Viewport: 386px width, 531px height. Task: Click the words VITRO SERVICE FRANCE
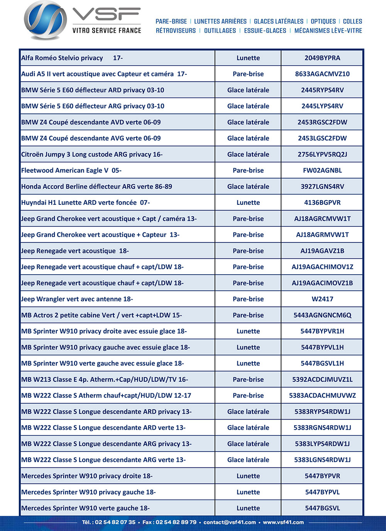pyautogui.click(x=107, y=30)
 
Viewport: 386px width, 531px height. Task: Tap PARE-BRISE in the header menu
pyautogui.click(x=171, y=22)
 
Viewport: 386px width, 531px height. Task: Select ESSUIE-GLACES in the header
pyautogui.click(x=265, y=31)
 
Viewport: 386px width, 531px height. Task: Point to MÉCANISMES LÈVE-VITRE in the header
pyautogui.click(x=328, y=31)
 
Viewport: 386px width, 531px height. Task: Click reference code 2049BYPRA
pyautogui.click(x=322, y=58)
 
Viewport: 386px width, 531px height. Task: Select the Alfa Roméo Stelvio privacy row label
pyautogui.click(x=72, y=58)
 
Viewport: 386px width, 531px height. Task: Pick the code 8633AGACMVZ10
pyautogui.click(x=322, y=74)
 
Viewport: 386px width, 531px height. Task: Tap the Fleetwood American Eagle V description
pyautogui.click(x=71, y=170)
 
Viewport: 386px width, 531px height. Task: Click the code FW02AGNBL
pyautogui.click(x=322, y=170)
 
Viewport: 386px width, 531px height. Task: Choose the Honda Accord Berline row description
pyautogui.click(x=96, y=187)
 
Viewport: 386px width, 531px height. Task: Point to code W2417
pyautogui.click(x=322, y=299)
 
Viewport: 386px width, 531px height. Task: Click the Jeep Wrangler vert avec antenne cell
pyautogui.click(x=77, y=299)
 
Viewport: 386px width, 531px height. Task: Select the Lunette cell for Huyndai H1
pyautogui.click(x=248, y=203)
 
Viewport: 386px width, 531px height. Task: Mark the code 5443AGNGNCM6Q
pyautogui.click(x=322, y=315)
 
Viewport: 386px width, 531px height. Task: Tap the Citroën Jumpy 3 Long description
pyautogui.click(x=92, y=155)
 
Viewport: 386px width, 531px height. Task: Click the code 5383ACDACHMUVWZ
pyautogui.click(x=322, y=396)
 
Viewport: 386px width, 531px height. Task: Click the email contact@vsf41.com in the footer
pyautogui.click(x=230, y=523)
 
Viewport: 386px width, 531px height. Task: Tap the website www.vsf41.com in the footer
pyautogui.click(x=283, y=523)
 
